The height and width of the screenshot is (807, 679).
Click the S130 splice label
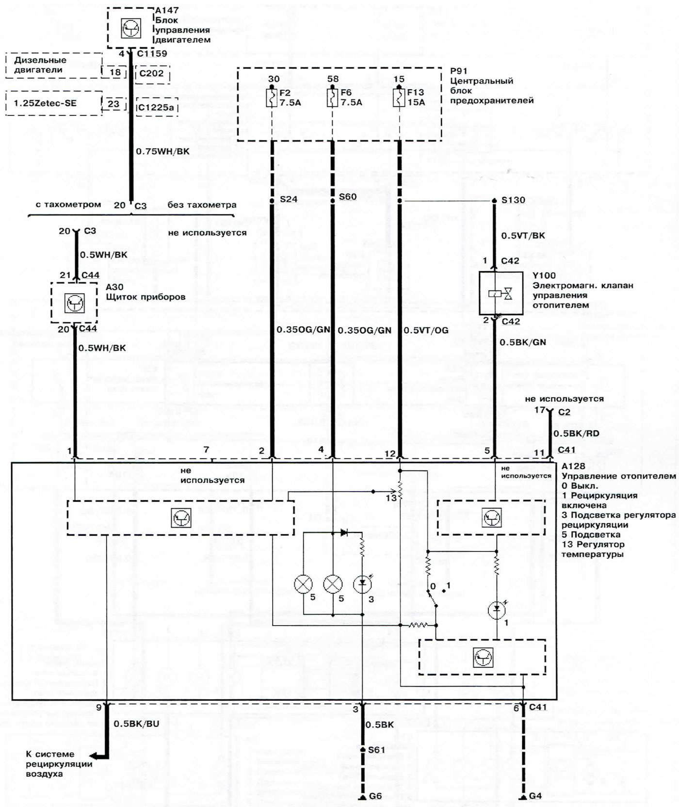coord(513,200)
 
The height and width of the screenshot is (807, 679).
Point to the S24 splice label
coord(289,199)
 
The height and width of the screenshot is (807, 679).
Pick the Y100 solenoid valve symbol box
coord(501,293)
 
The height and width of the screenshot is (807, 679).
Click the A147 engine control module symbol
coord(130,28)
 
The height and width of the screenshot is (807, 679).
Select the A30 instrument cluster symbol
coord(74,303)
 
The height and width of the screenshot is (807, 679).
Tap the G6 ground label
coord(375,796)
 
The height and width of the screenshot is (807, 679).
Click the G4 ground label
coord(535,796)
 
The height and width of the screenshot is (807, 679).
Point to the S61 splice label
coord(376,750)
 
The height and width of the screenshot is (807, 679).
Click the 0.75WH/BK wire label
coord(162,151)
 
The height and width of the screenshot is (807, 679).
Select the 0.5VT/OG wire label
coord(426,330)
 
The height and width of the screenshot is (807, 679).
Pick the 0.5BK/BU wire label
coord(136,724)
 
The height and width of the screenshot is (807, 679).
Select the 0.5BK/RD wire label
coord(576,433)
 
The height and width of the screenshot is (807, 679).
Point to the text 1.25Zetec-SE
coord(45,103)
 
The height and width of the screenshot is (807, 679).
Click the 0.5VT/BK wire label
coord(523,236)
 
